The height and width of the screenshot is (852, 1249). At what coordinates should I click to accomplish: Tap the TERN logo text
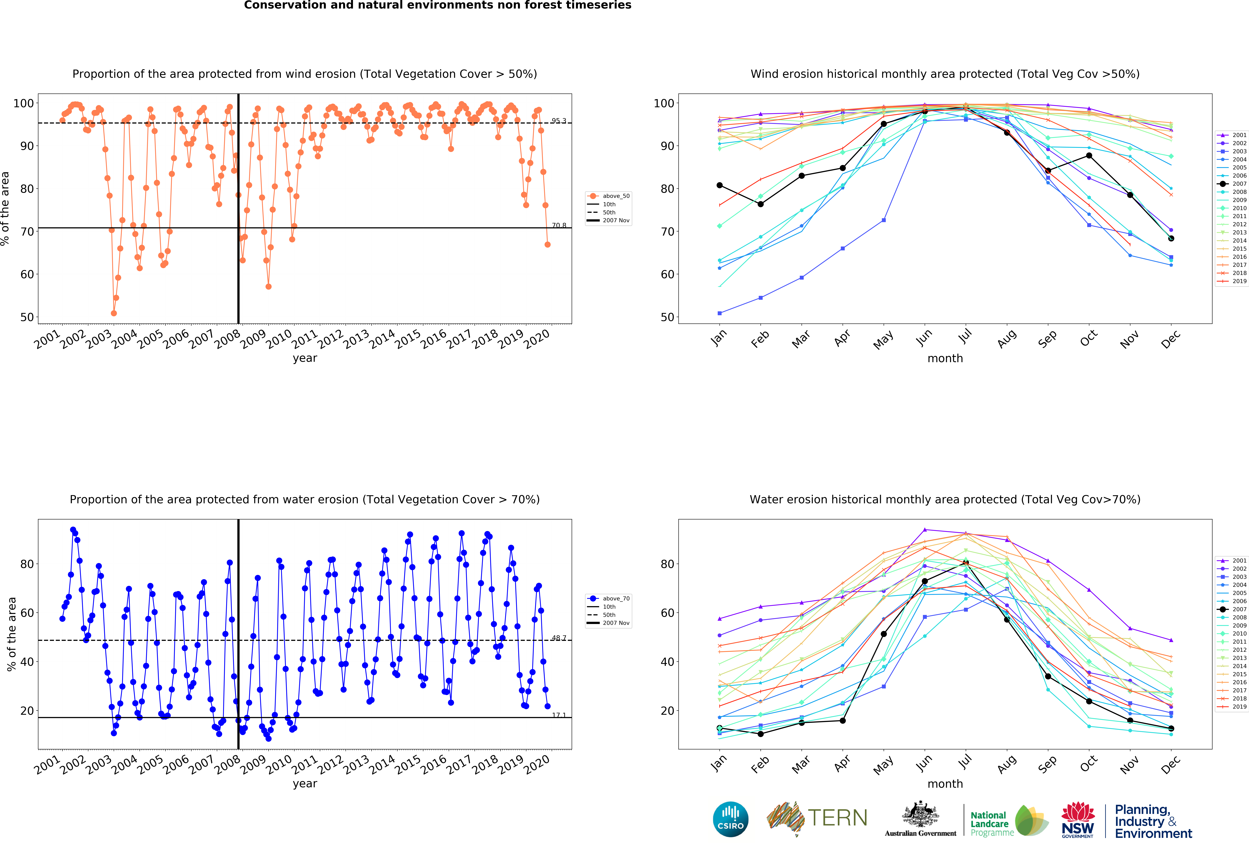[x=837, y=818]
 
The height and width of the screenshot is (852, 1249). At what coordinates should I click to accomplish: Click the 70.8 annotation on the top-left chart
[x=558, y=225]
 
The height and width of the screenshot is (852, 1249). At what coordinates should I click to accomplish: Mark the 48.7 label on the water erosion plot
[x=558, y=638]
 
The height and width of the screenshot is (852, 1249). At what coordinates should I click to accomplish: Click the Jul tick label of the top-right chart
[x=965, y=337]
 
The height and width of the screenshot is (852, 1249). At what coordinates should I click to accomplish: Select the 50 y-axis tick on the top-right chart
[x=667, y=317]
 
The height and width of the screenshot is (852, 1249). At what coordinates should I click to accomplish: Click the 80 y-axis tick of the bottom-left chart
[x=27, y=564]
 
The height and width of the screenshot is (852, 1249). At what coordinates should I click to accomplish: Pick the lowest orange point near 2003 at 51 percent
[x=113, y=313]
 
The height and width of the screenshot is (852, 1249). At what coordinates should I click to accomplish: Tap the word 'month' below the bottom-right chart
[x=945, y=784]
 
